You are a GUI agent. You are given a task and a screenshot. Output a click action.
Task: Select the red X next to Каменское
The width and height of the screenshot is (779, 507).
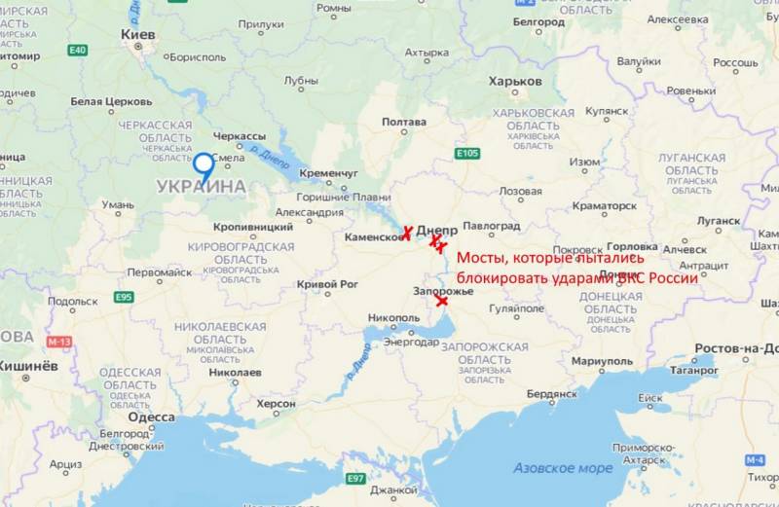408,232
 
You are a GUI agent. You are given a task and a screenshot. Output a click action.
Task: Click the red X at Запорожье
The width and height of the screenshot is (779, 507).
443,302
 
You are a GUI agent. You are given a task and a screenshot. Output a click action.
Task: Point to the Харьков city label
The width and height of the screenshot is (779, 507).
515,82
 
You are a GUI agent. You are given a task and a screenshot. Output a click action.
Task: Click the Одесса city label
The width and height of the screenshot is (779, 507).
151,416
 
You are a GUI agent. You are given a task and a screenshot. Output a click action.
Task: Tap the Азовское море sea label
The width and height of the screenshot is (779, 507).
564,468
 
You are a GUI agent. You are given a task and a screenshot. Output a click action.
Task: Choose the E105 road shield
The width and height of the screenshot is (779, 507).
467,154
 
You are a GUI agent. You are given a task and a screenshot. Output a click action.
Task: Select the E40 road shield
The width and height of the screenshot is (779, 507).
78,51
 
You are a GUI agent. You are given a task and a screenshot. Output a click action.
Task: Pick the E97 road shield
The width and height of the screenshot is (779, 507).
356,478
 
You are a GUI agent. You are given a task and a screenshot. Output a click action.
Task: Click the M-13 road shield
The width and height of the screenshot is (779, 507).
58,342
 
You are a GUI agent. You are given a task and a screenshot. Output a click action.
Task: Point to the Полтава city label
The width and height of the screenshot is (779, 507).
404,122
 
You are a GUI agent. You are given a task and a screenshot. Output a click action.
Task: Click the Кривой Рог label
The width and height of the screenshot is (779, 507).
321,284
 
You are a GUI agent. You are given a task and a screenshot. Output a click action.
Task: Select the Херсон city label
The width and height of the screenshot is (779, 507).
276,403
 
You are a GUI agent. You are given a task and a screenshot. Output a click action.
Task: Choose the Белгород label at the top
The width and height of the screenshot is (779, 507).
538,21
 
